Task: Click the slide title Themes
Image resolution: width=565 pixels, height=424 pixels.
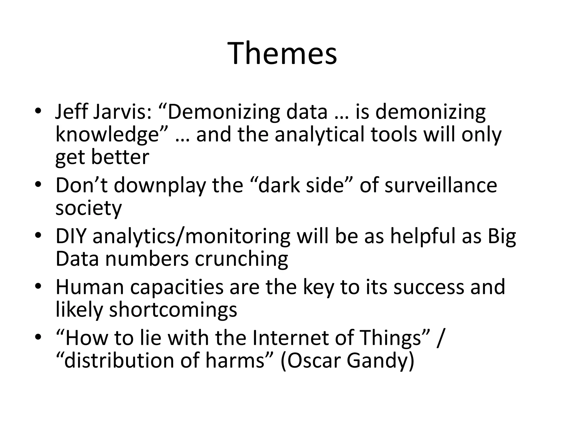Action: [282, 53]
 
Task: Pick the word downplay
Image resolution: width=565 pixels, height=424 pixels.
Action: [160, 185]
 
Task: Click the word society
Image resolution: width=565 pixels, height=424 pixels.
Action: [88, 208]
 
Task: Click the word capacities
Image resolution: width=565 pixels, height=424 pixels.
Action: [177, 287]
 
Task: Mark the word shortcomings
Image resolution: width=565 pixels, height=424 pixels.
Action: [173, 310]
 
